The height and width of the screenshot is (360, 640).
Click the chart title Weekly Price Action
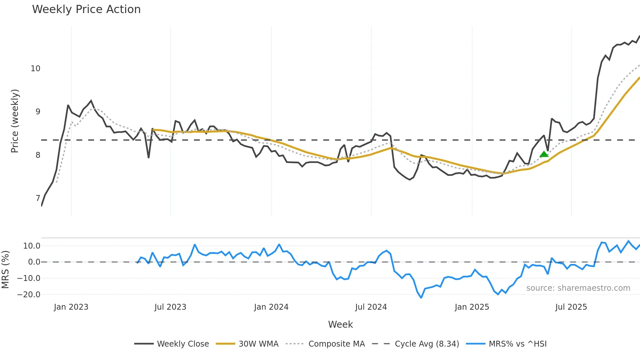click(86, 9)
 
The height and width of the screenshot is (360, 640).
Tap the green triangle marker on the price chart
click(544, 154)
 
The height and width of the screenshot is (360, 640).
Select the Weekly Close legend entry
click(172, 344)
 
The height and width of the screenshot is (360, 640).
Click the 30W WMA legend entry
click(248, 344)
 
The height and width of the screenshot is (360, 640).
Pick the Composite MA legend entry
click(325, 344)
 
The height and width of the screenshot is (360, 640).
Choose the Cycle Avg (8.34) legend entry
click(416, 344)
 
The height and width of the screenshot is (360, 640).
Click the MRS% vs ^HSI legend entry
click(506, 344)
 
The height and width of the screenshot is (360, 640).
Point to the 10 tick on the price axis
click(35, 69)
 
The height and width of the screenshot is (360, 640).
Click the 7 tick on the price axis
click(38, 198)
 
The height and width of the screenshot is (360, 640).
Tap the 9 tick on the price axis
click(38, 112)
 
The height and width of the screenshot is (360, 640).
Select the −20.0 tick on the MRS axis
click(29, 295)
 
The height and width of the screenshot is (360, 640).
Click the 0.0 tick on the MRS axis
click(34, 262)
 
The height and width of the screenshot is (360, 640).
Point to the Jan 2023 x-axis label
click(71, 307)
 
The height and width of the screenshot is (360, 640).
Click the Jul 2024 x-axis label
click(371, 307)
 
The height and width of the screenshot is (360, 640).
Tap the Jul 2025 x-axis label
click(571, 307)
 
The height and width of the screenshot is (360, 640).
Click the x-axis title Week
click(340, 324)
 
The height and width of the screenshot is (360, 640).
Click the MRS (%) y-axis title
click(5, 270)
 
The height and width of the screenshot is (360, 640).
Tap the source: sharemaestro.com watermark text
click(578, 288)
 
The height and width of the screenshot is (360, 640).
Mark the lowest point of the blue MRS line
click(421, 298)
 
